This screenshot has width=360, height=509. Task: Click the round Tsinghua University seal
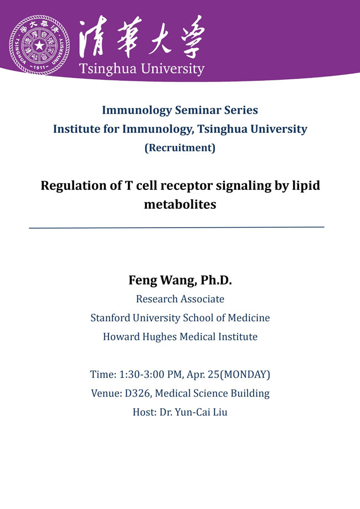(39, 45)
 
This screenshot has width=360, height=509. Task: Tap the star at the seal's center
(39, 45)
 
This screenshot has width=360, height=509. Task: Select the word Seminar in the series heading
(193, 110)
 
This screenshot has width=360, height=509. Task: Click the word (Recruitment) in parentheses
(180, 148)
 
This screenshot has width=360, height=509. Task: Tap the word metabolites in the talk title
(180, 204)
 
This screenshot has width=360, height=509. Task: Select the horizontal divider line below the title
(177, 228)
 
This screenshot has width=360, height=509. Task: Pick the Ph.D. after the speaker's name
(216, 280)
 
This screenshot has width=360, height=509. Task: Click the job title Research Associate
(180, 299)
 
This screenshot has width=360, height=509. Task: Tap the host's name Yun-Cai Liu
(201, 412)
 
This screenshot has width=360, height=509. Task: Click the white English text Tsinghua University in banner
(142, 69)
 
